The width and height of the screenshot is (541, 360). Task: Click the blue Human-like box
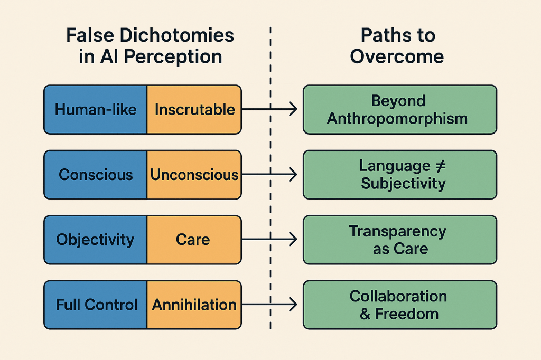pos(96,110)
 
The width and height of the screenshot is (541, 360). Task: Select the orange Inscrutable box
pos(194,110)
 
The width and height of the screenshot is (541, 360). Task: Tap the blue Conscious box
pos(96,175)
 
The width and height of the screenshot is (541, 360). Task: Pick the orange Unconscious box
pos(194,175)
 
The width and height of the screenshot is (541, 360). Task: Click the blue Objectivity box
pos(96,240)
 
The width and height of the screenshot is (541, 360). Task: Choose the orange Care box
pos(194,240)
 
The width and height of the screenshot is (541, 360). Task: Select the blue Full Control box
pos(96,305)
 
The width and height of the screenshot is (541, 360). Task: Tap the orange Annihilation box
pos(194,305)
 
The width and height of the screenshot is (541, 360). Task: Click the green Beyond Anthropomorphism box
pos(400,110)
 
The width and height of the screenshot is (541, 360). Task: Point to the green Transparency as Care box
pos(400,240)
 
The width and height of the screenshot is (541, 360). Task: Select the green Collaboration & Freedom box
pos(400,305)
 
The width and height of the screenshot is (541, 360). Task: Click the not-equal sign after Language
pos(440,166)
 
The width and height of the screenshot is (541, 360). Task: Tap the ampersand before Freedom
pos(365,314)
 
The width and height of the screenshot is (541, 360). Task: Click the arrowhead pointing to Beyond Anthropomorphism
pos(293,109)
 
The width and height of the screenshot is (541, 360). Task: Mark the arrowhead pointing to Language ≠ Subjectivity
pos(293,175)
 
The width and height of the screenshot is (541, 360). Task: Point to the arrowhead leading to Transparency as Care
pos(293,239)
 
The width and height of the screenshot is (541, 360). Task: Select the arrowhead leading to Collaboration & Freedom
pos(293,305)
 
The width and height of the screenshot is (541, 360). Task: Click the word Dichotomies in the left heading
pos(176,35)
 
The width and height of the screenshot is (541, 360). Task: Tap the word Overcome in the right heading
pos(397,56)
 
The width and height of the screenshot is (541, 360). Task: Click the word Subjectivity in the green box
pos(403,184)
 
